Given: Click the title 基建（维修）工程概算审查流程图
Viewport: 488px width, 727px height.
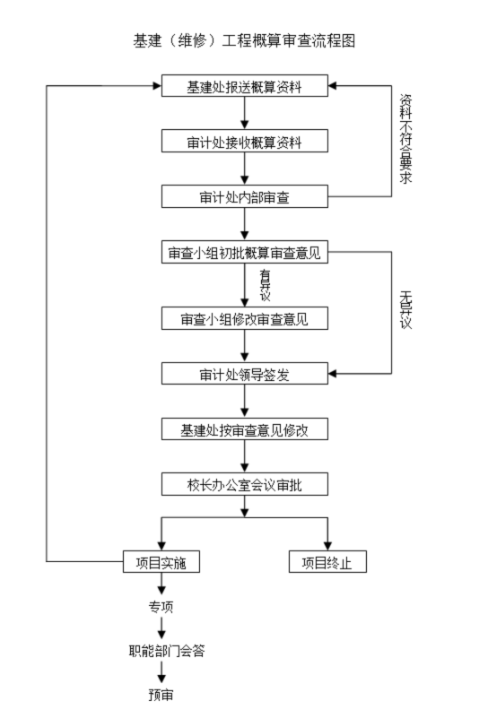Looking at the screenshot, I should pos(244,41).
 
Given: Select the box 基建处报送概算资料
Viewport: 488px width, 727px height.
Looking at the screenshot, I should pos(244,87).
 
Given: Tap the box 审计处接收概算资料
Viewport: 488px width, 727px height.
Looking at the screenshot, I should pos(244,142).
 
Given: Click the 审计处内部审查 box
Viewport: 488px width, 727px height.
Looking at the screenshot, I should pos(244,196).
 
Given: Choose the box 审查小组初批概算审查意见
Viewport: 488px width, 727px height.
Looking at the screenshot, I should pos(244,254).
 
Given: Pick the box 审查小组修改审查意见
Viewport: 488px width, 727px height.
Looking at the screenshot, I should pos(244,318).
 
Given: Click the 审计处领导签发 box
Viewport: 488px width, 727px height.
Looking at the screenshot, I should pos(244,373).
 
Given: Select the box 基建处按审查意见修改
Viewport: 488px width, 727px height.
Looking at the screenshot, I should pos(244,429).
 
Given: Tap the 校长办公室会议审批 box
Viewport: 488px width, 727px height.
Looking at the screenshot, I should pos(244,485).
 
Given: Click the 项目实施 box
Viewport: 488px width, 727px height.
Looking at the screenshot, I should pos(161,562).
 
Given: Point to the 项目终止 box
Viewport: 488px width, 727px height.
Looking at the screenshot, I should pos(327,562).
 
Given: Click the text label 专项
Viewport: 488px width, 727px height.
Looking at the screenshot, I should pos(161,607).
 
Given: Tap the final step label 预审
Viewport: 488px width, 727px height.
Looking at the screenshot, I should pos(161,695).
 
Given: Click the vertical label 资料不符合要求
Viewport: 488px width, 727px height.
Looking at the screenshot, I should pos(405,139).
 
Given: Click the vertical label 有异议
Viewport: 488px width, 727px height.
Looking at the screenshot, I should pos(265,284).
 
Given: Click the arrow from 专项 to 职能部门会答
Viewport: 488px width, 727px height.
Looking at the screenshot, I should pos(161,629).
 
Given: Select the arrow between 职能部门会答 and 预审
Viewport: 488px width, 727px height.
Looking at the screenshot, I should pos(161,673).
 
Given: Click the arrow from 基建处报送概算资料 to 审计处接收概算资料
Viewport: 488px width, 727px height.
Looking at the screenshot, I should pos(244,114).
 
